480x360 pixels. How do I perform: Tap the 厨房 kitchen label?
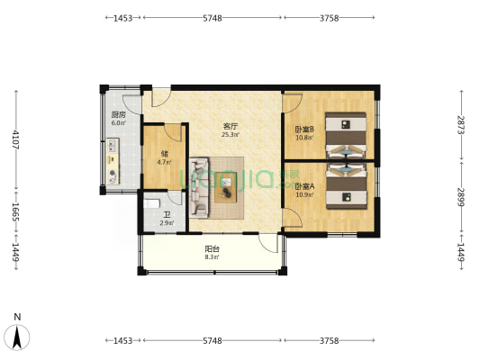118,115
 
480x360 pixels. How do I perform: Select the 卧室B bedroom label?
304,129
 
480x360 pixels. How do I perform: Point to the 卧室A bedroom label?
305,186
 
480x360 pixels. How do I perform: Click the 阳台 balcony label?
213,249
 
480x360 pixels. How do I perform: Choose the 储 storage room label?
165,154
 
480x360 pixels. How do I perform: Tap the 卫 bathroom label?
167,215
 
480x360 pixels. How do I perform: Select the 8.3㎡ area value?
213,257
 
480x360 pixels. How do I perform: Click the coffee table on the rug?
226,187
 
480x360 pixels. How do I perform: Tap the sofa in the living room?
199,187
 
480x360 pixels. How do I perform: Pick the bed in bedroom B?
346,136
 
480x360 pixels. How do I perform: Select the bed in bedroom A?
346,186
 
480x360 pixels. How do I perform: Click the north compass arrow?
17,337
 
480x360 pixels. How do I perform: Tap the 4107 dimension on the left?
16,139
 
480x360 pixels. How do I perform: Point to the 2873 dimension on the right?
461,124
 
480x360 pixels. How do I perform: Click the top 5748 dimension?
213,18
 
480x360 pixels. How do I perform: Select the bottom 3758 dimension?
330,341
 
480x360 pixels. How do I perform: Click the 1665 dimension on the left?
16,212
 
